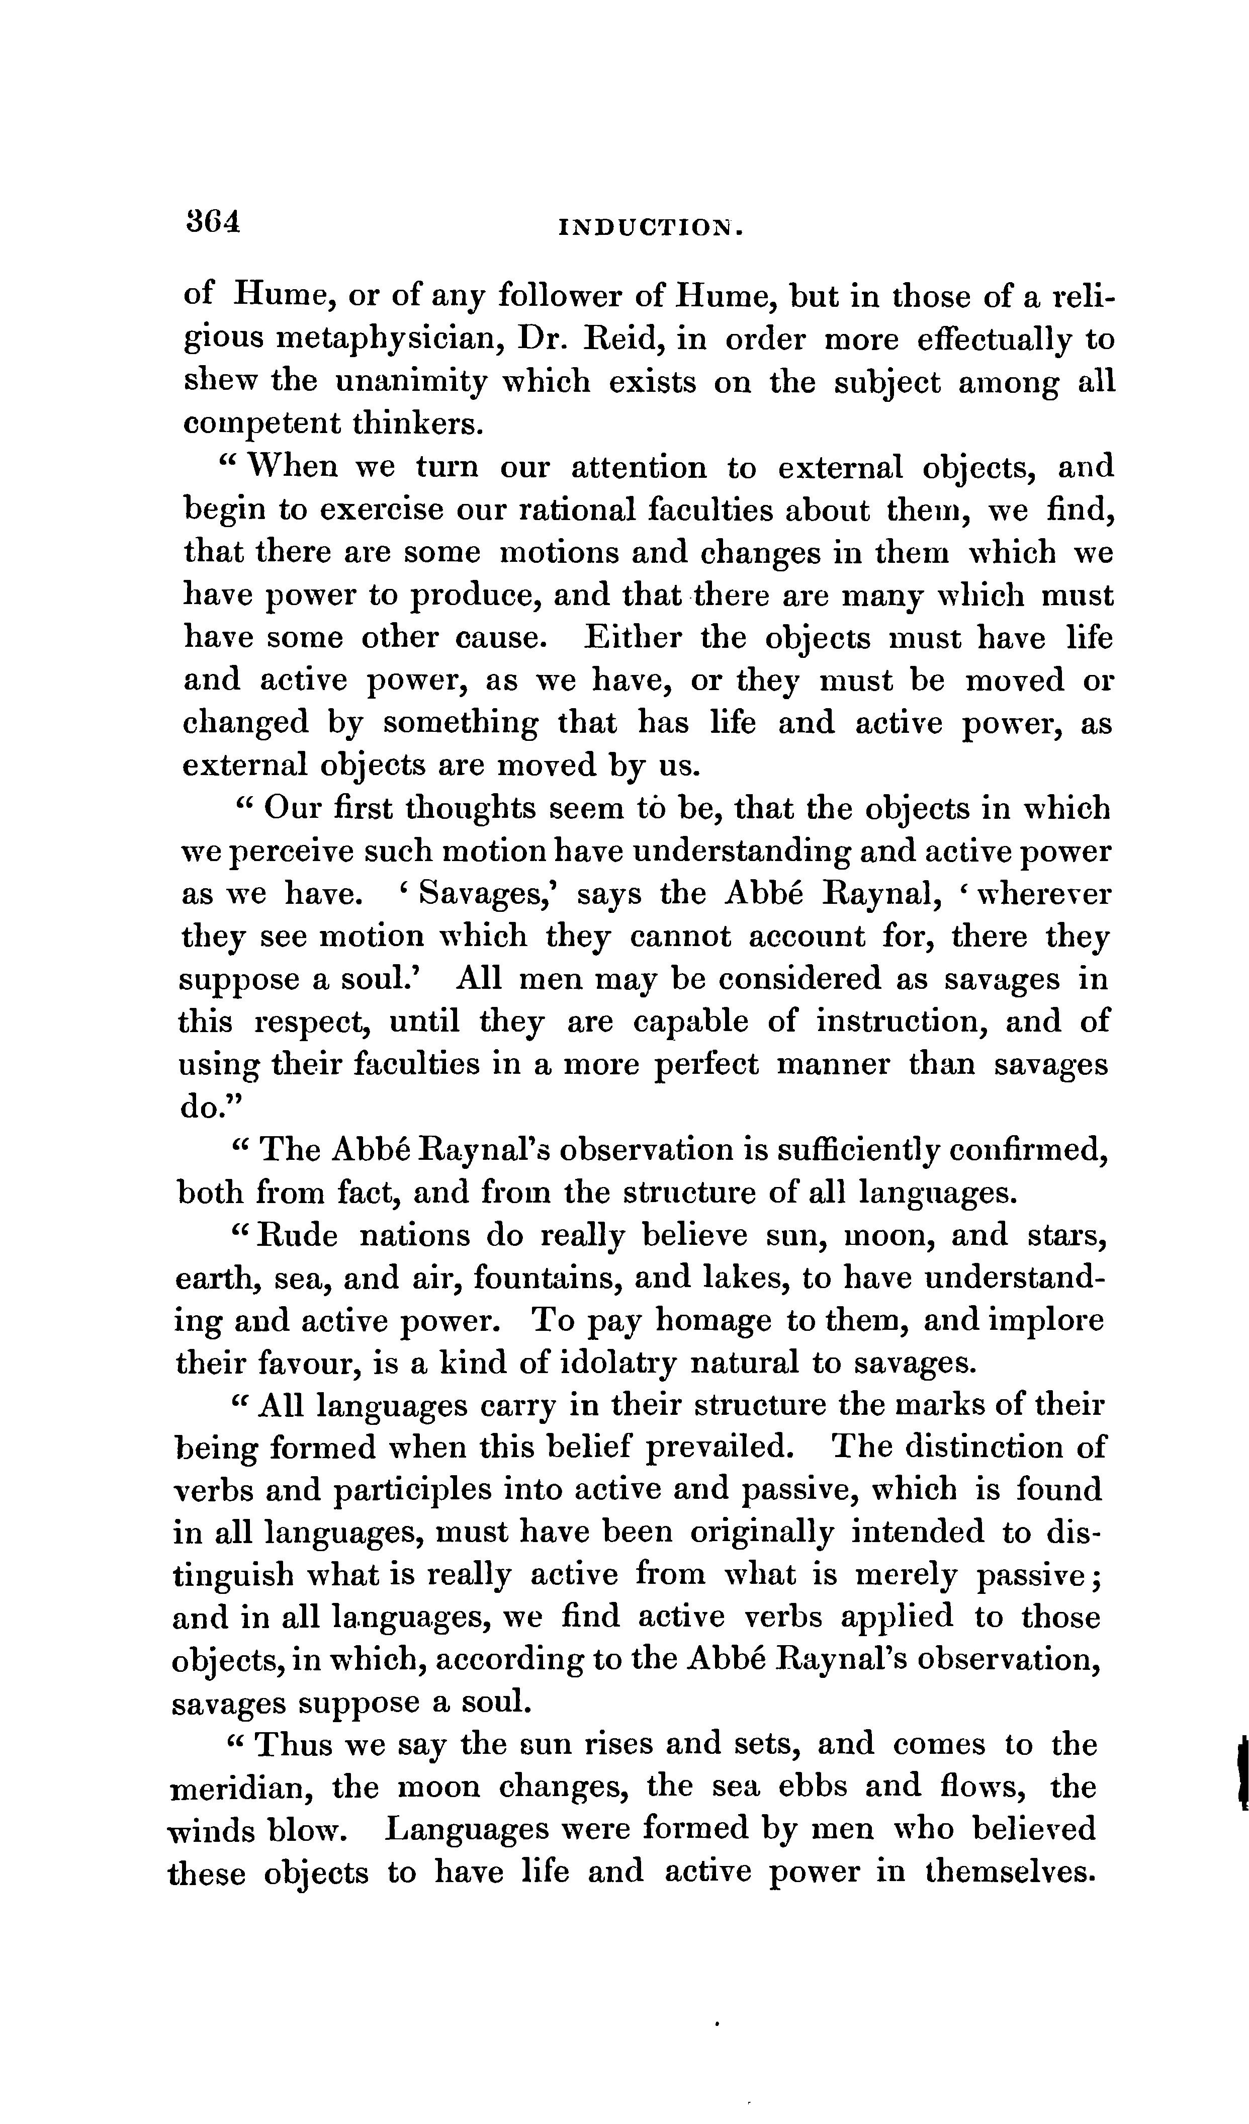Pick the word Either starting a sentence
pos(630,637)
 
